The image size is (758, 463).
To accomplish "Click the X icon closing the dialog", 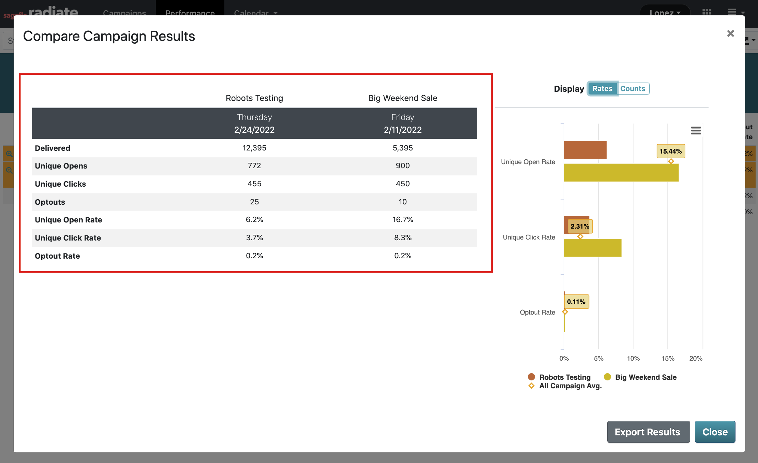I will tap(730, 33).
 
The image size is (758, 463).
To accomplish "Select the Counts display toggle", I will tap(633, 89).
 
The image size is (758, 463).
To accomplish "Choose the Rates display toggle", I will tap(602, 89).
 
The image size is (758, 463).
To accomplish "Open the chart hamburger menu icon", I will tap(696, 131).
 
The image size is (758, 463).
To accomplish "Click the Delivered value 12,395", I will tap(254, 148).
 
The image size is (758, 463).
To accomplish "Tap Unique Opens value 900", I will tap(403, 166).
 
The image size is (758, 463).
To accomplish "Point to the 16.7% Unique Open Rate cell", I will tap(403, 220).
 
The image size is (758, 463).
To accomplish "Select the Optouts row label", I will tap(50, 202).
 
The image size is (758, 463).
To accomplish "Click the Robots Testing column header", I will tap(254, 98).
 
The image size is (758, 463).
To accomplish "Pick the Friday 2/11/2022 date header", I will tap(403, 124).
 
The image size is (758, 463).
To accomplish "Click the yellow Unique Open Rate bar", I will tap(621, 173).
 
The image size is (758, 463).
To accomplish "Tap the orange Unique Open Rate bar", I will tap(585, 150).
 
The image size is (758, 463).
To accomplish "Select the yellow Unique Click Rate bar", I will tap(593, 248).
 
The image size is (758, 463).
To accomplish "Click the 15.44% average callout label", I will tap(671, 151).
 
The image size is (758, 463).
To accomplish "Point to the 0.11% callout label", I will tap(576, 302).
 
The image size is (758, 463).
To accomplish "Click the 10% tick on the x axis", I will tap(633, 359).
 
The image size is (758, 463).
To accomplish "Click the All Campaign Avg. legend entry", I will tap(570, 386).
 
